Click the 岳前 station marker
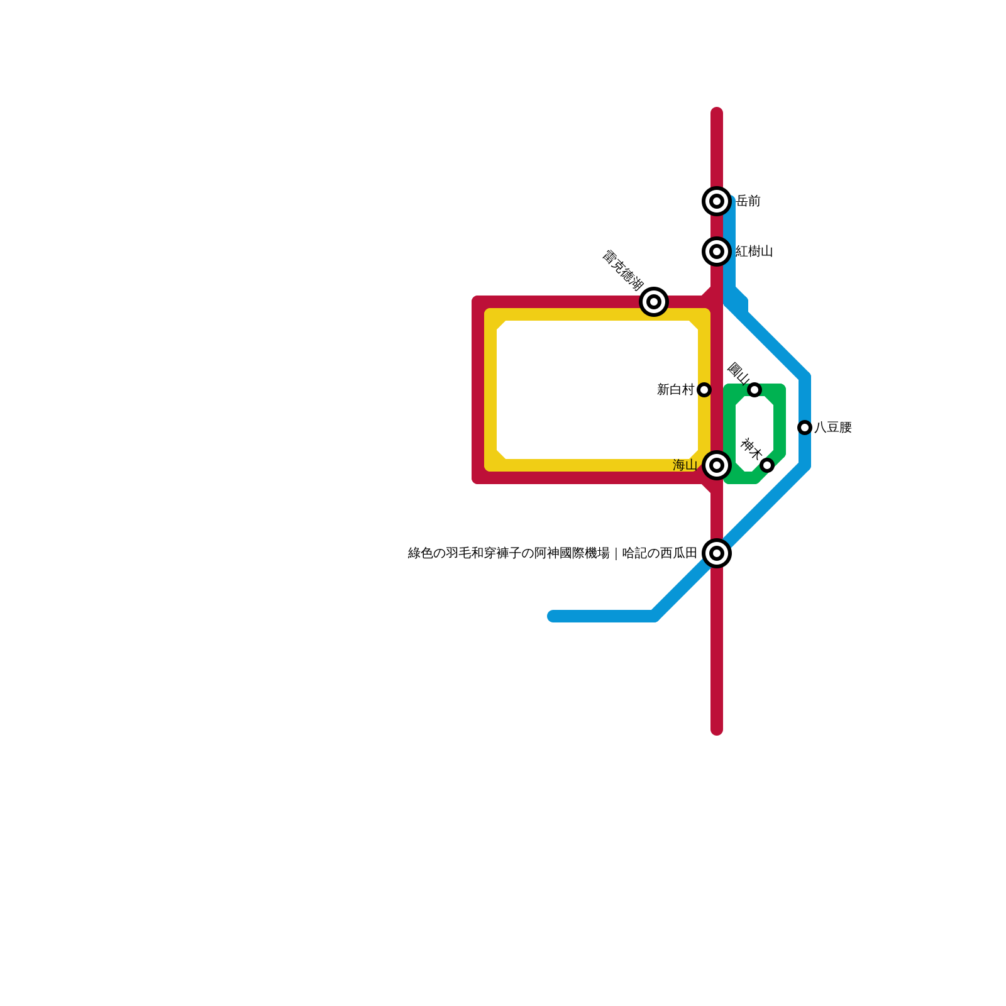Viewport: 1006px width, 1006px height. pyautogui.click(x=717, y=201)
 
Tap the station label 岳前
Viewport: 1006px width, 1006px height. pyautogui.click(x=748, y=201)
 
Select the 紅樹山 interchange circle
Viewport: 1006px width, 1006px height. pyautogui.click(x=717, y=251)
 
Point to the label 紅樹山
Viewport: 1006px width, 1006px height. pyautogui.click(x=754, y=251)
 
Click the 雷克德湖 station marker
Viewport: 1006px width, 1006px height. pyautogui.click(x=654, y=302)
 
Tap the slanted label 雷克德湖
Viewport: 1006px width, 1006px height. pyautogui.click(x=622, y=270)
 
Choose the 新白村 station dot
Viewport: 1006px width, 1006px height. pyautogui.click(x=704, y=390)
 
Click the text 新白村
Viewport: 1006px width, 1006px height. pyautogui.click(x=675, y=390)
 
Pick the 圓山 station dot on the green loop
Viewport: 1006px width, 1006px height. pyautogui.click(x=754, y=390)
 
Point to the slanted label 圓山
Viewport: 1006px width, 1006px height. pyautogui.click(x=738, y=373)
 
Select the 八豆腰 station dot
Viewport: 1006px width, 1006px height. pyautogui.click(x=805, y=428)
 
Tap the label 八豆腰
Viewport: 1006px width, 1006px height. pyautogui.click(x=833, y=428)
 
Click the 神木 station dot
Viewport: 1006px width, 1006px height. pyautogui.click(x=767, y=465)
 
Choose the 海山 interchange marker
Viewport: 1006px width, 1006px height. pyautogui.click(x=717, y=465)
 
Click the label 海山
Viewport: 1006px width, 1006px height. pyautogui.click(x=685, y=465)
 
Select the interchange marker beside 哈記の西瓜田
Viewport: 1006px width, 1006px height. pyautogui.click(x=717, y=553)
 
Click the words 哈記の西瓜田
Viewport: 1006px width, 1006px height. pyautogui.click(x=660, y=553)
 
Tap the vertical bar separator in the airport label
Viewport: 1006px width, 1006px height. pyautogui.click(x=616, y=553)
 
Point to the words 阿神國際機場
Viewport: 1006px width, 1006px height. pyautogui.click(x=572, y=553)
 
